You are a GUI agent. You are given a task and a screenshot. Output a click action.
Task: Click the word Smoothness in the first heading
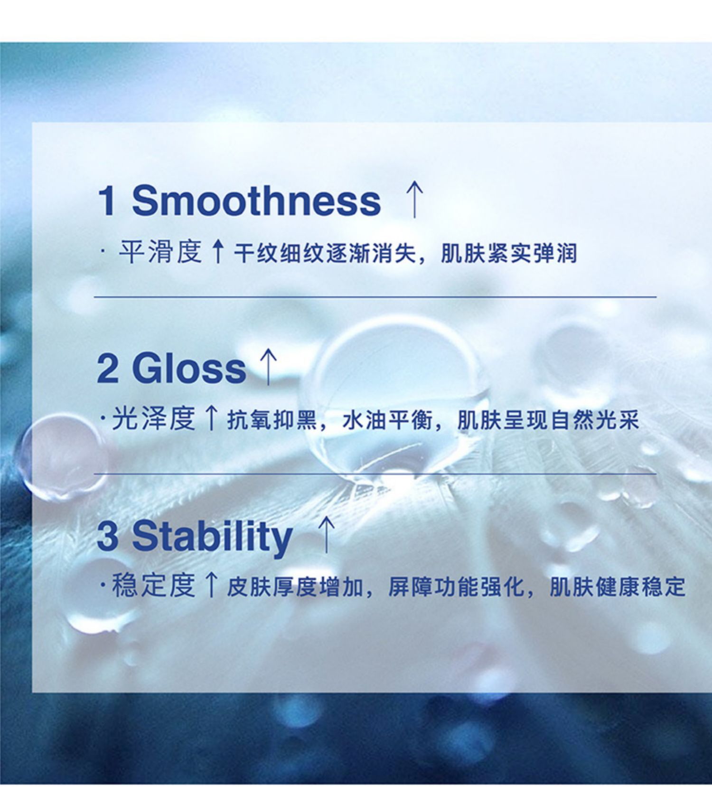(x=256, y=200)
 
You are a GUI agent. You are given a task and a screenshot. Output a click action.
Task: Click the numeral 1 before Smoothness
(x=107, y=200)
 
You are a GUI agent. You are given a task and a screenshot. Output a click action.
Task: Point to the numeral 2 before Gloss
(x=107, y=368)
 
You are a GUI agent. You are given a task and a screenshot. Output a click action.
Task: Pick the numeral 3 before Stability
(x=107, y=535)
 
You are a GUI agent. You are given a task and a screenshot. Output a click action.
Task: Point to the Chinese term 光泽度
(x=153, y=419)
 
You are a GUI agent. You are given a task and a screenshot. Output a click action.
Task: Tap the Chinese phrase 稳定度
(x=153, y=586)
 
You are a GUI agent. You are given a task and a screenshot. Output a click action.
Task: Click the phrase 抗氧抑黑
(x=272, y=420)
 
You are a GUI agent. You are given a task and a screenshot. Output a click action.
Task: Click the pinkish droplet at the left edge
(x=62, y=458)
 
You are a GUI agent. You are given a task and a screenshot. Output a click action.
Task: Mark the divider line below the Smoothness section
(x=375, y=297)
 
